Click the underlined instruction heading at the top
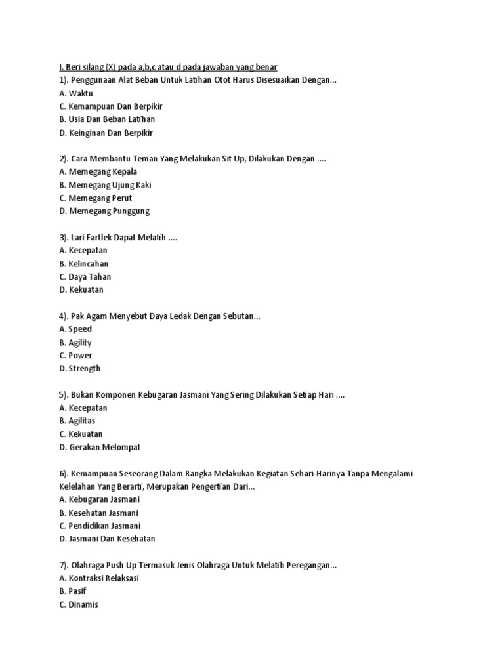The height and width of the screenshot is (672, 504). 168,67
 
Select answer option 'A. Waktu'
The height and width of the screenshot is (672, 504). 76,93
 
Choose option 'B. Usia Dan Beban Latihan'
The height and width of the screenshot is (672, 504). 107,119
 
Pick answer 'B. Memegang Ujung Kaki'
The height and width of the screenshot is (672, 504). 105,185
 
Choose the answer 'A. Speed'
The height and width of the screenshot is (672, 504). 75,329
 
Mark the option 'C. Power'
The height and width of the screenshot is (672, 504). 75,356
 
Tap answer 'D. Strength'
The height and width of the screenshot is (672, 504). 79,369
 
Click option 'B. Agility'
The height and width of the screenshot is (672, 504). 75,343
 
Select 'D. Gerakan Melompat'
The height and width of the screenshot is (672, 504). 100,448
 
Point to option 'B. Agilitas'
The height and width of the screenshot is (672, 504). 78,421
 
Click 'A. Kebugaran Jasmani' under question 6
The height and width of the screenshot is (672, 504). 99,500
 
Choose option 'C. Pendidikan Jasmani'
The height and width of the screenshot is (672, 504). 100,526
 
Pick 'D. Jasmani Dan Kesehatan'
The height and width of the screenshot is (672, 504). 107,539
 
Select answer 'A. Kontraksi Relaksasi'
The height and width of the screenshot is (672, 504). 99,579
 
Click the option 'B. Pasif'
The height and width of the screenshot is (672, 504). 72,592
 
